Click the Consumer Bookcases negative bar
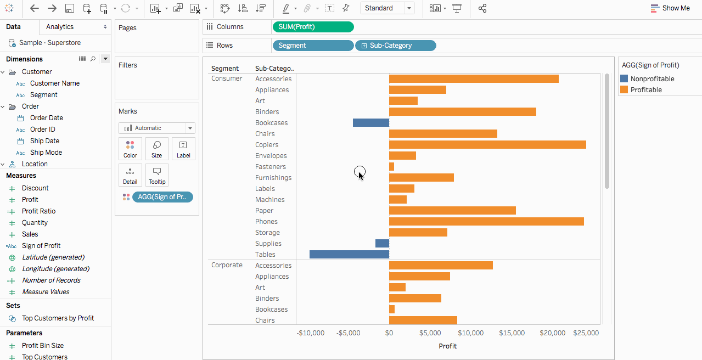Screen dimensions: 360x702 click(370, 123)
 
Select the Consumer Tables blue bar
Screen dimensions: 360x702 click(349, 255)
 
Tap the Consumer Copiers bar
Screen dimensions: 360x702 click(487, 145)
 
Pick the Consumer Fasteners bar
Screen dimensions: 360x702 click(391, 167)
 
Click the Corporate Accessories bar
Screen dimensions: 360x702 click(441, 266)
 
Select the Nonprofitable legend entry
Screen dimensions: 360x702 click(652, 79)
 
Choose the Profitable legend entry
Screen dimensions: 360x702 click(646, 90)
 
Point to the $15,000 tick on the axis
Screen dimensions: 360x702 click(512, 333)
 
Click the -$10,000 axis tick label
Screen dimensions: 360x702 click(311, 333)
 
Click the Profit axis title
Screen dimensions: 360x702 click(448, 346)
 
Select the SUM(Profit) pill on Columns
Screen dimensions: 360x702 click(313, 27)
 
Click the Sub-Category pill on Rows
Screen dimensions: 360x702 click(396, 46)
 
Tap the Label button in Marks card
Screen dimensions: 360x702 click(183, 149)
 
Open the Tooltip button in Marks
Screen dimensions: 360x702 click(157, 175)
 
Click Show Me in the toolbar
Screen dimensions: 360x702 click(670, 8)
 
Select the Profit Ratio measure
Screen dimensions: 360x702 click(38, 211)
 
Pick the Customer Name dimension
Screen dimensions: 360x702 click(55, 83)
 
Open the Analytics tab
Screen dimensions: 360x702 click(60, 27)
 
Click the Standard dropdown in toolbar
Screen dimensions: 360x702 click(387, 8)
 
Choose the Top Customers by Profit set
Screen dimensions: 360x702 click(58, 318)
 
